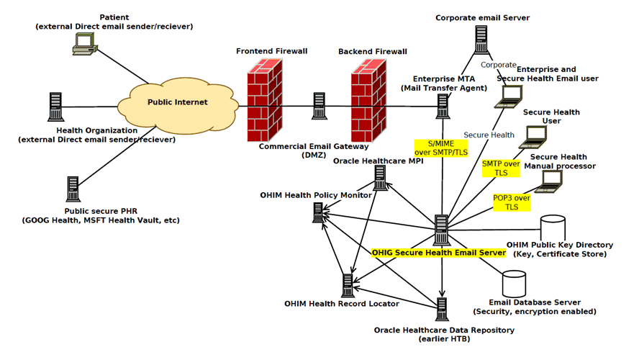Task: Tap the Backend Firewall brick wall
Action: point(371,100)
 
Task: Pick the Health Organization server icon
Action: point(55,107)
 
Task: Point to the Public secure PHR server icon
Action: point(73,189)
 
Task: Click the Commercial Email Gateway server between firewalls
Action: point(319,106)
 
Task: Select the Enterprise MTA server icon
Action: point(443,106)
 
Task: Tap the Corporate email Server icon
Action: point(481,40)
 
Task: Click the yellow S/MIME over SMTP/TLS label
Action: point(440,148)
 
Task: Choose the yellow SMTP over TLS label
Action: point(501,168)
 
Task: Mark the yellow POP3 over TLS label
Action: point(512,202)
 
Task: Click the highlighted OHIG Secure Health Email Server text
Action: point(438,253)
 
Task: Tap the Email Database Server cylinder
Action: point(515,284)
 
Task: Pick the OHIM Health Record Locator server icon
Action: point(348,286)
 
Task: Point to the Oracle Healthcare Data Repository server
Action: point(442,310)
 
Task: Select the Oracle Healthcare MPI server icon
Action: point(381,179)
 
